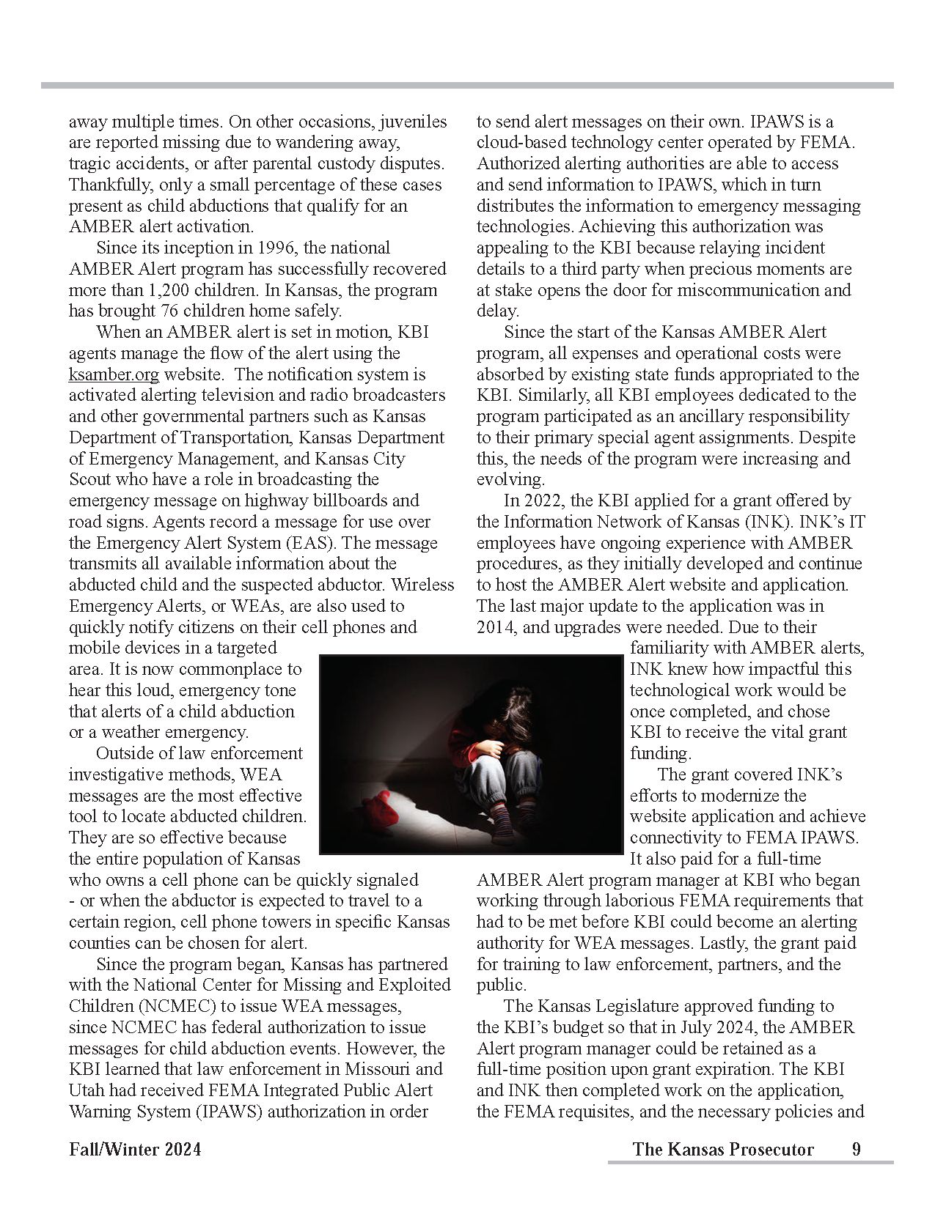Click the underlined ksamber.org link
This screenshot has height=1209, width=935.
114,374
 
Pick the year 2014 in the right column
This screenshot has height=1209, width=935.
496,627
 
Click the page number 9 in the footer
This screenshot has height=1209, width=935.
856,1149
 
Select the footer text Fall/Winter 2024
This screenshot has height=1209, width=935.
135,1149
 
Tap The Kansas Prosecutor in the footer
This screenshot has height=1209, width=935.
722,1149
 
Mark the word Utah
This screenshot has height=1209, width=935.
87,1090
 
